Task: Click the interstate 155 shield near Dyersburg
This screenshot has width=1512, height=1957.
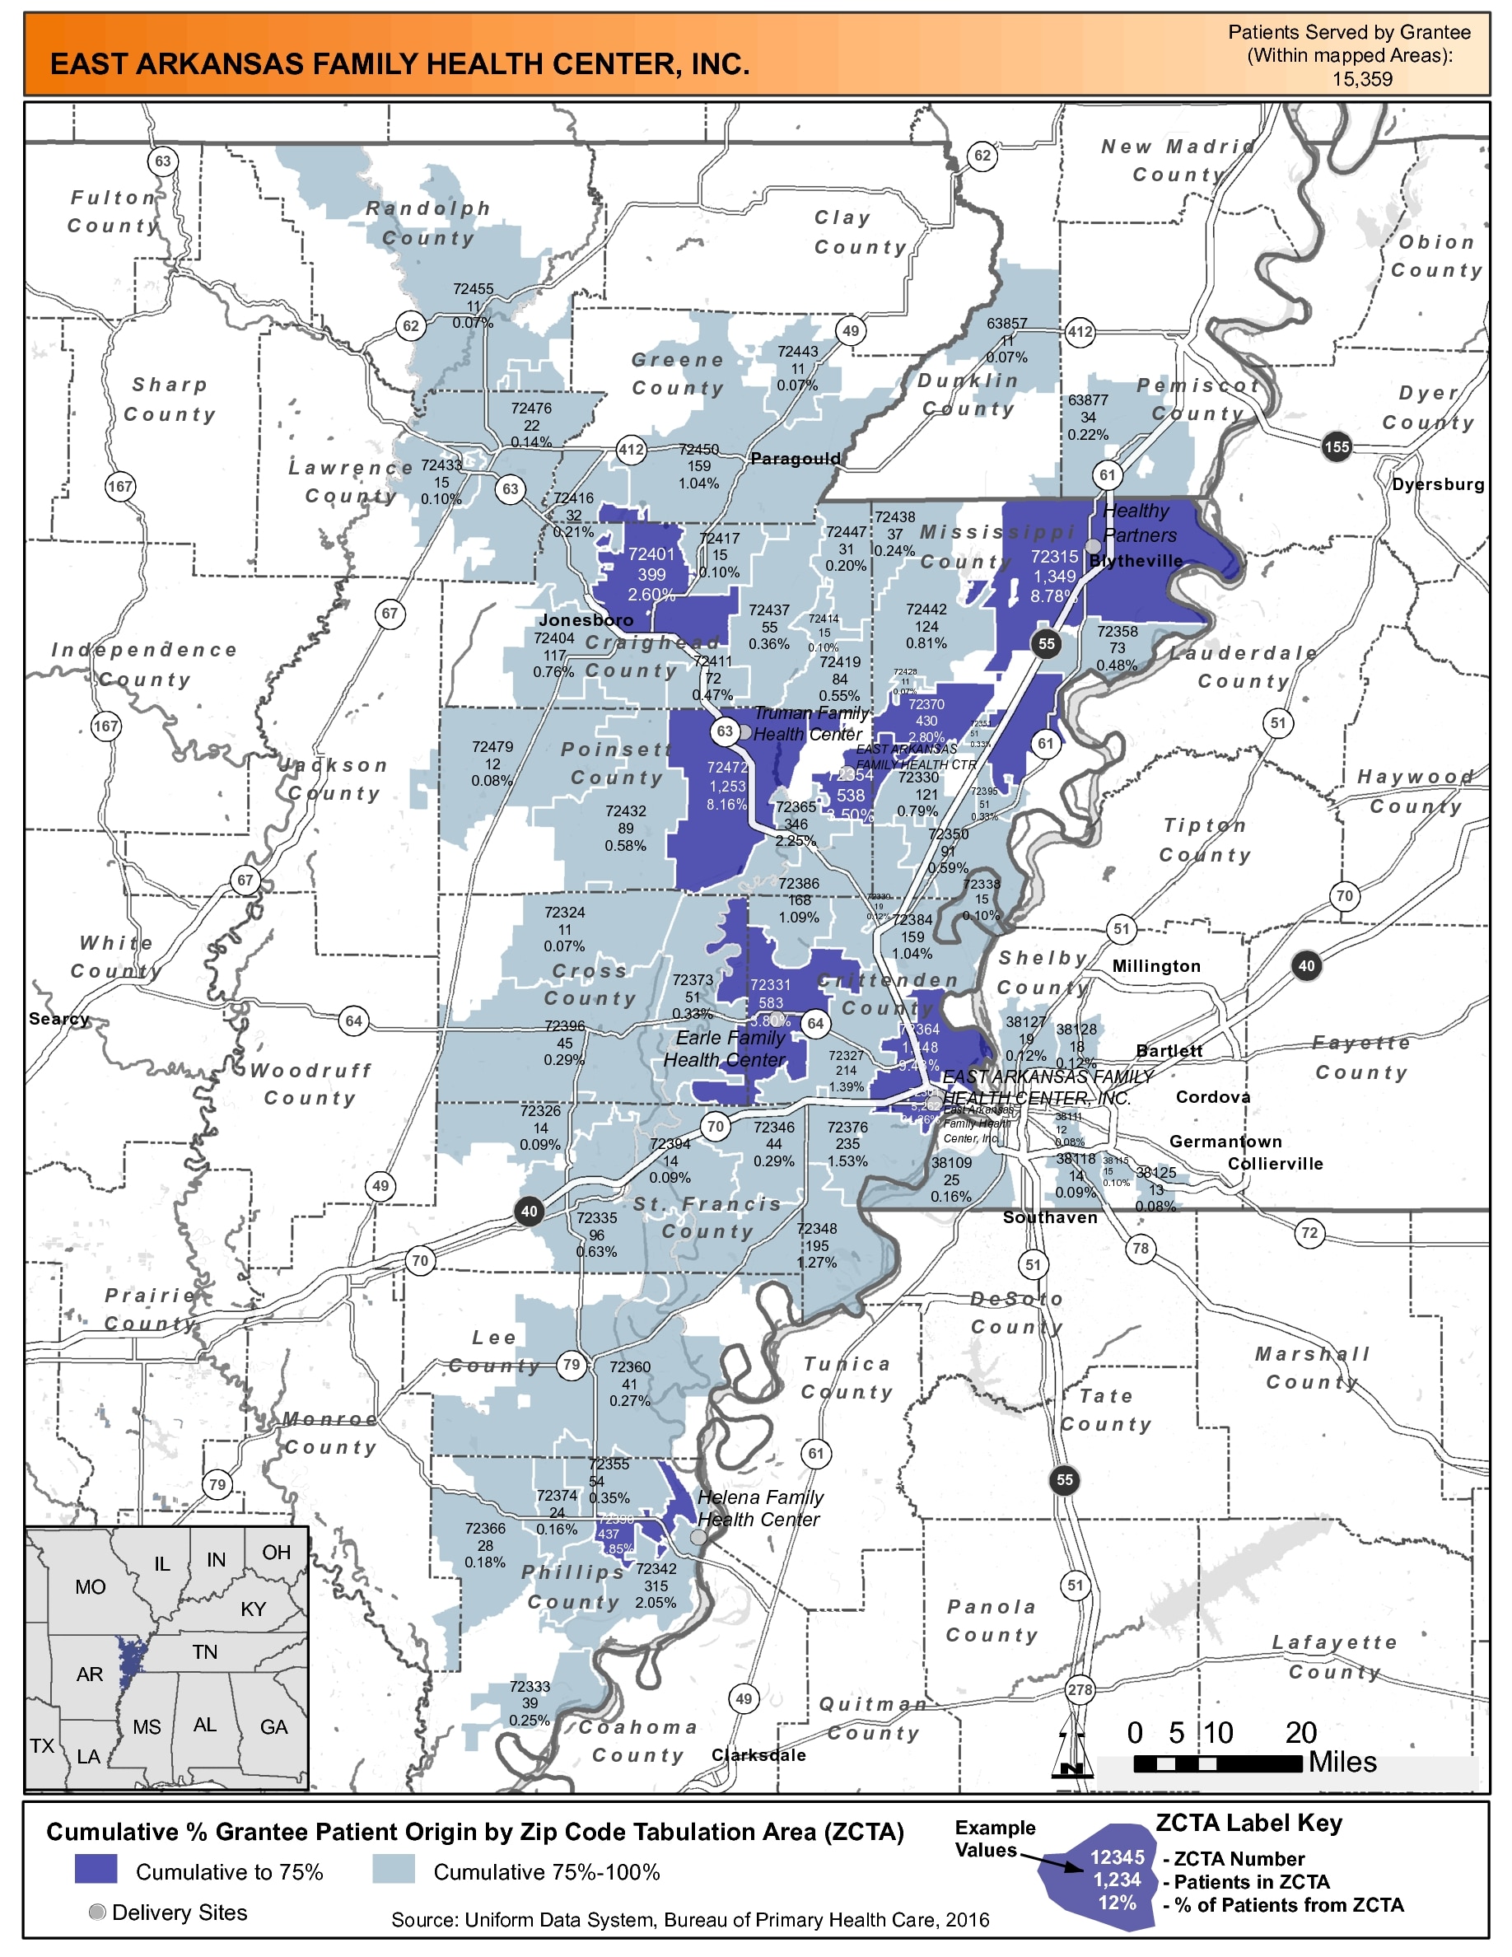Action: [x=1336, y=446]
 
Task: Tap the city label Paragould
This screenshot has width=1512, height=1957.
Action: [x=796, y=459]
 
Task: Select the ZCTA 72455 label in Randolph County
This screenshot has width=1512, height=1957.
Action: [x=473, y=289]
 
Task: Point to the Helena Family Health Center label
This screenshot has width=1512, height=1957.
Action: [x=758, y=1508]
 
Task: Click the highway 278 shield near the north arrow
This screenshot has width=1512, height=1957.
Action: [x=1080, y=1690]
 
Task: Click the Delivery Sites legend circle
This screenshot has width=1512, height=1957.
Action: [x=98, y=1912]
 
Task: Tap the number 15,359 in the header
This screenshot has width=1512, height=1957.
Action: [x=1361, y=79]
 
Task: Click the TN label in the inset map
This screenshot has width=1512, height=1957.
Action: [x=204, y=1651]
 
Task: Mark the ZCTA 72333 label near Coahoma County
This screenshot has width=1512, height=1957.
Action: [x=530, y=1686]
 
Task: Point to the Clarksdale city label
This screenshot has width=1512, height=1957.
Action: [x=758, y=1755]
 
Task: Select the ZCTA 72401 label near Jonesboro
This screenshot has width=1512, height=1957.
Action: [x=651, y=554]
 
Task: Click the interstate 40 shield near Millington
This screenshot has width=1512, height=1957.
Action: [x=1306, y=965]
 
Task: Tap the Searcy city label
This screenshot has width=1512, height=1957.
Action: [x=59, y=1019]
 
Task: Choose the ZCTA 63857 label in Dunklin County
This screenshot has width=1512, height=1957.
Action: [x=1007, y=324]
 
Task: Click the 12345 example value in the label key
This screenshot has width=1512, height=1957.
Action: [x=1117, y=1857]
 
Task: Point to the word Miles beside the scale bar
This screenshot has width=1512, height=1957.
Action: [x=1342, y=1763]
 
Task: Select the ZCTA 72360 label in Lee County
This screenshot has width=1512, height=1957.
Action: [x=630, y=1366]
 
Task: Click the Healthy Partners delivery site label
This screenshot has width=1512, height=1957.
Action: [x=1138, y=522]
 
